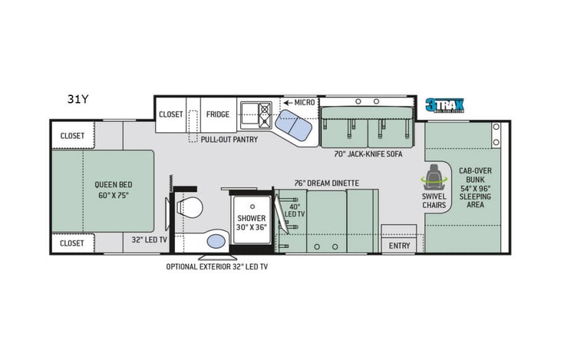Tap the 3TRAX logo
point(448,106)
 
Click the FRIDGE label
point(217,114)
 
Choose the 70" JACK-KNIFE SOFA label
point(369,154)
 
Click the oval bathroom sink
point(216,243)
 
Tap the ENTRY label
point(399,246)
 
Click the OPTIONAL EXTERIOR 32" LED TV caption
point(217,266)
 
